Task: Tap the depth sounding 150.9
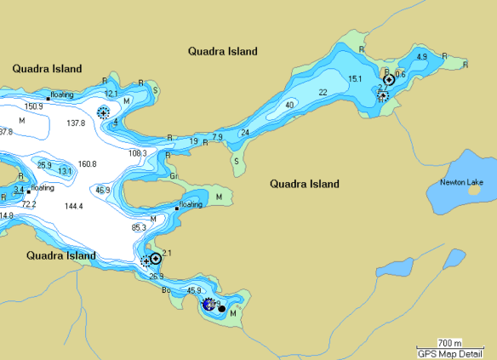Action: click(33, 106)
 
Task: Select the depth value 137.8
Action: click(76, 123)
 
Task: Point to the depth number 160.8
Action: click(87, 163)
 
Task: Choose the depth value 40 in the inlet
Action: click(289, 105)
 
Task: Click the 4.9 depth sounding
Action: click(421, 57)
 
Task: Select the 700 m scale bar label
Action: click(449, 342)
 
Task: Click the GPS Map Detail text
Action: click(455, 352)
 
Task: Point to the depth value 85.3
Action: click(139, 227)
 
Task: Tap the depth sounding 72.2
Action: click(29, 204)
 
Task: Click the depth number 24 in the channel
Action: click(245, 132)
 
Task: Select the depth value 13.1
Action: click(65, 171)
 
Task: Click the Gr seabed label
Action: click(174, 176)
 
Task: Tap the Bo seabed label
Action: click(166, 289)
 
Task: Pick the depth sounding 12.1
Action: click(111, 94)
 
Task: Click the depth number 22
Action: click(323, 92)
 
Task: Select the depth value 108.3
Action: click(137, 153)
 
